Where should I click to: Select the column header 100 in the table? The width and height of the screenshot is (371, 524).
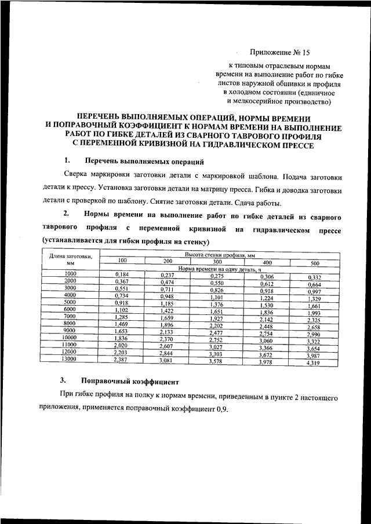point(122,260)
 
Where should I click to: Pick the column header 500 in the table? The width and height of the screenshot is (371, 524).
point(315,263)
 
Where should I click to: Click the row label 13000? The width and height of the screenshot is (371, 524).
point(70,359)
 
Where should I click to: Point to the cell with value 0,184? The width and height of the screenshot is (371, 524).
point(122,273)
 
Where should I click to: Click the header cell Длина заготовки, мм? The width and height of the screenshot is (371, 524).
point(70,259)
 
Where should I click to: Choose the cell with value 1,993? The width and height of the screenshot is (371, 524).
point(313,313)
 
